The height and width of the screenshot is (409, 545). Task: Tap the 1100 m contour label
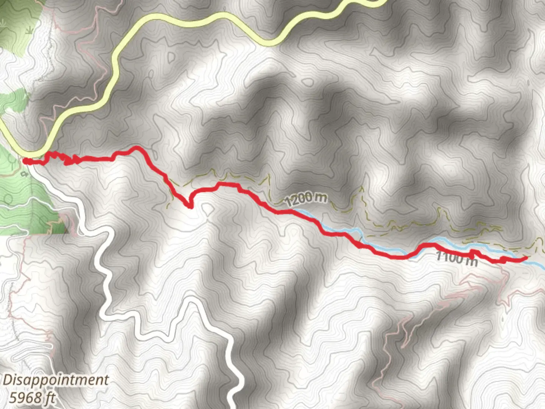(x=456, y=258)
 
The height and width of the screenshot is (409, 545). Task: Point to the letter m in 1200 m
(x=319, y=197)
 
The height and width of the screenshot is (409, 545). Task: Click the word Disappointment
(x=56, y=380)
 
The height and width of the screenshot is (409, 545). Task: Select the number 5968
(x=26, y=397)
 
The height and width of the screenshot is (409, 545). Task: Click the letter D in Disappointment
(x=8, y=380)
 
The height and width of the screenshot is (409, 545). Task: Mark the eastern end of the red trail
(x=526, y=258)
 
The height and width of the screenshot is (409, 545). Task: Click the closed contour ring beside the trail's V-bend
(x=207, y=208)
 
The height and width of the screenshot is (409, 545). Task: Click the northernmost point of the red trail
(x=137, y=147)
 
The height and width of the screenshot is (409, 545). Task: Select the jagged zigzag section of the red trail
(x=61, y=158)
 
